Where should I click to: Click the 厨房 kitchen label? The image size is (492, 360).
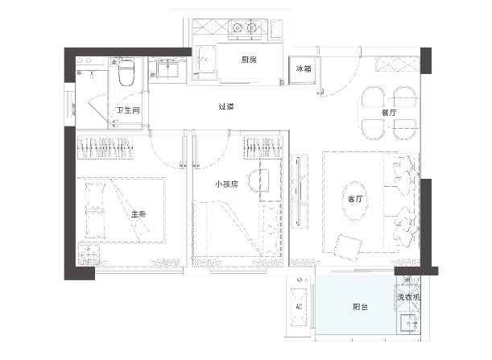249,60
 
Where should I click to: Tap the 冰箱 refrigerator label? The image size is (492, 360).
304,68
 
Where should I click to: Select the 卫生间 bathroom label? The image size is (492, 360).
128,110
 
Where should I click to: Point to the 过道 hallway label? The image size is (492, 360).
226,107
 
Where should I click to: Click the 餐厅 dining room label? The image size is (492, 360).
389,113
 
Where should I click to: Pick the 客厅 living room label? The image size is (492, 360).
355,199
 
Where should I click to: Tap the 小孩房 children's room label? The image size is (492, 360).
226,184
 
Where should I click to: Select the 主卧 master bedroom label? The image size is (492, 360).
139,215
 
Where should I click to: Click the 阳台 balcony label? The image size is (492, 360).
360,307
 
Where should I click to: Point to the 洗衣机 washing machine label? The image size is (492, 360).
408,296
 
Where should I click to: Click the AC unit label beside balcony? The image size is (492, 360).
299,306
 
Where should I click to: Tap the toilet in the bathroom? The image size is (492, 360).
126,72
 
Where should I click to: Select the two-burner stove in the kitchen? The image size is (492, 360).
245,28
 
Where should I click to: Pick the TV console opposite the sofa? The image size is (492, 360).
300,191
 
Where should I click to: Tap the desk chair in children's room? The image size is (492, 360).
258,181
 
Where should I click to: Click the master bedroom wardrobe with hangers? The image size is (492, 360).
105,148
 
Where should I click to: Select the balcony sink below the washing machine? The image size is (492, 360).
409,323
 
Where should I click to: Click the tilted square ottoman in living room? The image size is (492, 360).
348,247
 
